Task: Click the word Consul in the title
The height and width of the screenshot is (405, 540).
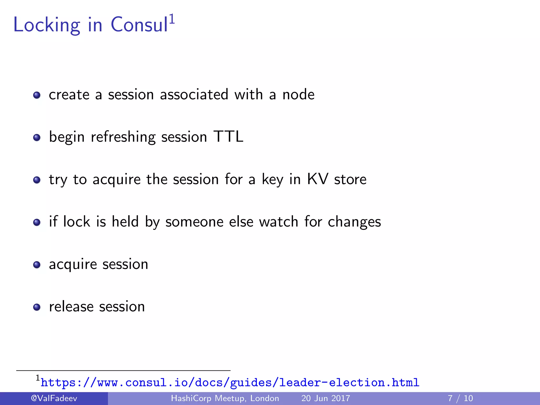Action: [x=139, y=25]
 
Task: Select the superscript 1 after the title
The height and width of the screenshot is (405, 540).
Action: [x=172, y=19]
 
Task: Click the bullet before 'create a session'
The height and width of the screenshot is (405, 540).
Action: [x=37, y=95]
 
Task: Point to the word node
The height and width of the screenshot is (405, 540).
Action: [x=298, y=95]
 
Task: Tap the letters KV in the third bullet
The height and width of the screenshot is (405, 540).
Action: [x=318, y=179]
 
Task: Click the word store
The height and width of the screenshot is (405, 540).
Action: [x=350, y=180]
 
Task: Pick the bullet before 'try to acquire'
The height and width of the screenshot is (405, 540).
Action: [x=37, y=180]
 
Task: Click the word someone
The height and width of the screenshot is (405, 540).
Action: [x=194, y=222]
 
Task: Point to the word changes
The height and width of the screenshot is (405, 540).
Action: [x=354, y=222]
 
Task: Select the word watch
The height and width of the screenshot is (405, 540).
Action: [x=278, y=221]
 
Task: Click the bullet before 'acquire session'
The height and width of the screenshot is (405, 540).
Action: [x=37, y=265]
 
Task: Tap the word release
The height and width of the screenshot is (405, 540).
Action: [x=71, y=307]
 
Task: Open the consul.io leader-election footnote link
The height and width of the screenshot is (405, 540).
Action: [x=230, y=383]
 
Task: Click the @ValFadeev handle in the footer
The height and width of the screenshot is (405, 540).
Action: [x=54, y=398]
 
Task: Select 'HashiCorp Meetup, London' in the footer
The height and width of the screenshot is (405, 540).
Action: [x=225, y=398]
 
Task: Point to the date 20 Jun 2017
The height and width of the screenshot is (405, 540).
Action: [x=326, y=398]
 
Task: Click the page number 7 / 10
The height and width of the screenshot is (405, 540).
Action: [x=460, y=398]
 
